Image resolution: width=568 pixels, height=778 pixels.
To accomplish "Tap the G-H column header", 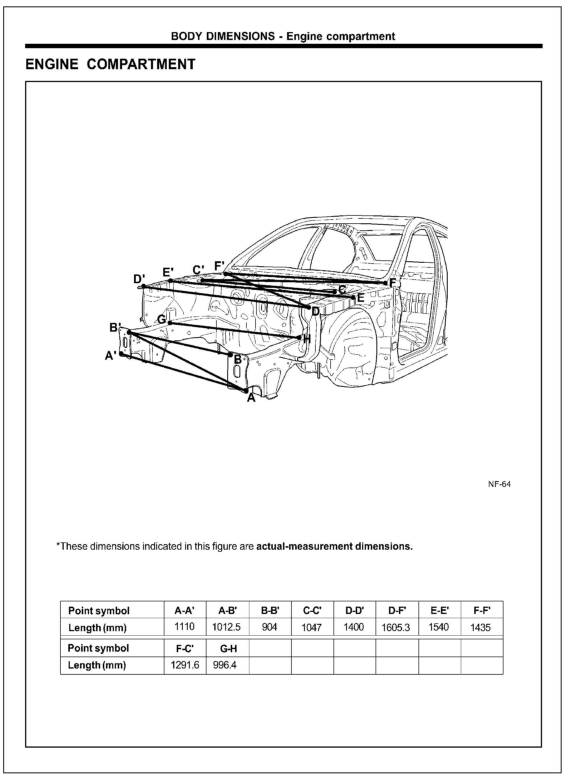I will click(228, 648).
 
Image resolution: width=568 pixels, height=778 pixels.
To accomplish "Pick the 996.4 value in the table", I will click(225, 665).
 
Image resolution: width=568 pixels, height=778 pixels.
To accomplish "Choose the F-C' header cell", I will click(185, 648).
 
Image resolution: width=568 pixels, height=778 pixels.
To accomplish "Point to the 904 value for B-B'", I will click(270, 627).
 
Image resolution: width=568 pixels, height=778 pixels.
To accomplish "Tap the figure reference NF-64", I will click(499, 484).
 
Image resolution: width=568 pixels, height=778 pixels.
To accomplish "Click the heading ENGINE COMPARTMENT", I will click(110, 64).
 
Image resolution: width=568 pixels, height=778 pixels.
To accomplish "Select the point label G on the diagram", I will click(161, 319).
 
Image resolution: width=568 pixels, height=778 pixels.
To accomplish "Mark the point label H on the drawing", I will click(307, 339).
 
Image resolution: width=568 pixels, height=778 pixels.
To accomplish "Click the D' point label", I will click(139, 279).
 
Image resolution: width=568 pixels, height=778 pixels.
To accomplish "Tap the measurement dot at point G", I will click(170, 323).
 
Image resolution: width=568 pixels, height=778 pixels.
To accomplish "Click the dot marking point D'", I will click(144, 286).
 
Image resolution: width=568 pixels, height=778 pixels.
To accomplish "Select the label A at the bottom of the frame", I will click(251, 398).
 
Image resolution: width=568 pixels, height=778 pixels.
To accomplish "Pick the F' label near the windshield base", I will click(219, 266).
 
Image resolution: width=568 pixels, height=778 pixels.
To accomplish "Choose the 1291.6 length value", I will click(185, 665).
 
